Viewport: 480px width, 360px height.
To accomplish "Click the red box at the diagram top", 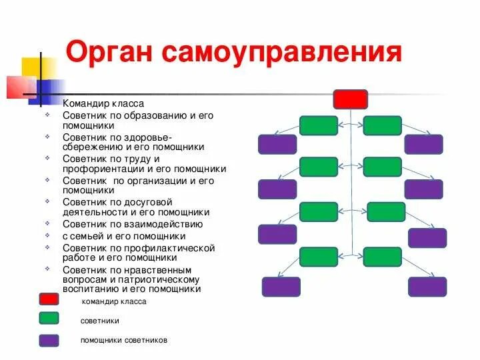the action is (350, 99).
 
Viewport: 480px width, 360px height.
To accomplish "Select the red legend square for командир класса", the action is (49, 299).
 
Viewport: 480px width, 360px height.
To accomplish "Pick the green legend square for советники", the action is (49, 319).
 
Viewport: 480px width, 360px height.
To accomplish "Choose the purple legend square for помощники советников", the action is (49, 340).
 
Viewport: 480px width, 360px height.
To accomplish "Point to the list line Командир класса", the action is (103, 104).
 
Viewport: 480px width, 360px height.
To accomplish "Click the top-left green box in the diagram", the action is (319, 125).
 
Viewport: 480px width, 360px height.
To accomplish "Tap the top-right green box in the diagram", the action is (382, 125).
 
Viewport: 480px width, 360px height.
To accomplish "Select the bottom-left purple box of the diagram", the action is (281, 287).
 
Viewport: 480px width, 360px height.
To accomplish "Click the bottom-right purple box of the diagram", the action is (427, 287).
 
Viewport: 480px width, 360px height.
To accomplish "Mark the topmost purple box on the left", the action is (277, 144).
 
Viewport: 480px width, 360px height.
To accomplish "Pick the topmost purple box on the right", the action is (423, 144).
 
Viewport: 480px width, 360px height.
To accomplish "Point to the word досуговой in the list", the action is (143, 201).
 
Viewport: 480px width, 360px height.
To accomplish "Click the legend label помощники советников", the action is (124, 340).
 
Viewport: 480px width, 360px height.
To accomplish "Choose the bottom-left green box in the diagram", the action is (319, 257).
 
